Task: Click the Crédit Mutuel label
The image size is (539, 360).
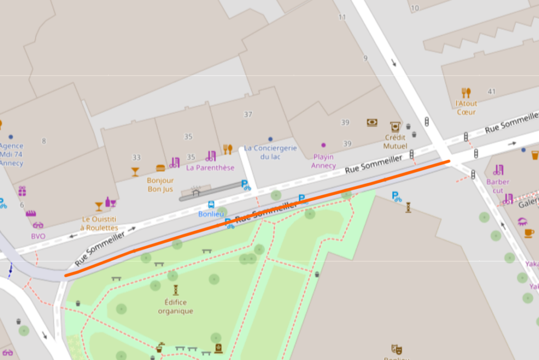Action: pyautogui.click(x=395, y=142)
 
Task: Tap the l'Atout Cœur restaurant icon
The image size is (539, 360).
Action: pyautogui.click(x=466, y=93)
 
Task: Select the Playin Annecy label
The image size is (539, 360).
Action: pyautogui.click(x=323, y=161)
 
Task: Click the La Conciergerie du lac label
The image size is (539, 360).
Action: pyautogui.click(x=271, y=153)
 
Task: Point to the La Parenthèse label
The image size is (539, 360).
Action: pyautogui.click(x=211, y=168)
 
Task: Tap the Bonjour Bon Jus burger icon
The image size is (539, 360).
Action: pyautogui.click(x=161, y=168)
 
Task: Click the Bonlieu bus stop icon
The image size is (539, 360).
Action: pyautogui.click(x=211, y=205)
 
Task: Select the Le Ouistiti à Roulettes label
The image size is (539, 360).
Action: pyautogui.click(x=99, y=223)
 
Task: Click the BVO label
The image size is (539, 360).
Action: pyautogui.click(x=38, y=236)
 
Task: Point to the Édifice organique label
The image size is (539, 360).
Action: pyautogui.click(x=175, y=306)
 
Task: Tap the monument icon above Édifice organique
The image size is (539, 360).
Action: pyautogui.click(x=175, y=289)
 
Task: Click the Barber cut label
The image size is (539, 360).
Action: pyautogui.click(x=498, y=186)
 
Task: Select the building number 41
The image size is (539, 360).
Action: pyautogui.click(x=492, y=92)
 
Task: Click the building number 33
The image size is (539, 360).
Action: pyautogui.click(x=136, y=157)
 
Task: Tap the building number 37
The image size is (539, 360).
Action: pyautogui.click(x=248, y=114)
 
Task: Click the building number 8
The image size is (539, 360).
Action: pyautogui.click(x=44, y=141)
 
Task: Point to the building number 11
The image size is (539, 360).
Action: pyautogui.click(x=342, y=17)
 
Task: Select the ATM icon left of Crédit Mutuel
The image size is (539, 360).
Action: pyautogui.click(x=372, y=123)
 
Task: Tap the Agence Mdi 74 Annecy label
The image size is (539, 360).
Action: pyautogui.click(x=11, y=154)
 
